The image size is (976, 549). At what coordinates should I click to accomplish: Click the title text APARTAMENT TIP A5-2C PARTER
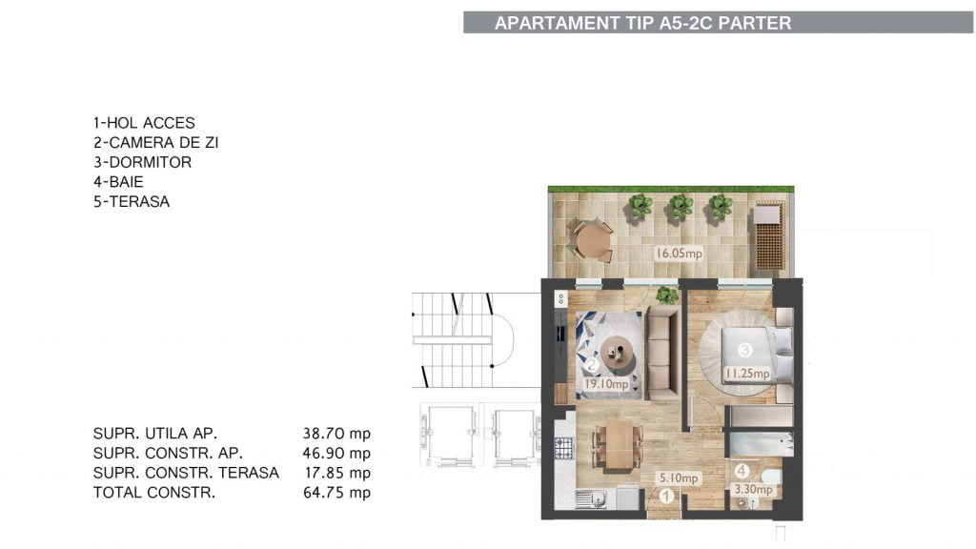pyautogui.click(x=642, y=23)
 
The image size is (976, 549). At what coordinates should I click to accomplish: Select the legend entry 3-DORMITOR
pyautogui.click(x=143, y=162)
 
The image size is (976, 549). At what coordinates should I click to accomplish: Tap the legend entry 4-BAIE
pyautogui.click(x=118, y=182)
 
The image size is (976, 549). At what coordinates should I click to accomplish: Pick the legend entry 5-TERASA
pyautogui.click(x=132, y=202)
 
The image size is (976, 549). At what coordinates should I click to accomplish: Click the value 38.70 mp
pyautogui.click(x=336, y=434)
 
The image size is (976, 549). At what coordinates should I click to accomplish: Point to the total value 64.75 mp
pyautogui.click(x=336, y=493)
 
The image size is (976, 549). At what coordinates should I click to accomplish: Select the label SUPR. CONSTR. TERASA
pyautogui.click(x=186, y=473)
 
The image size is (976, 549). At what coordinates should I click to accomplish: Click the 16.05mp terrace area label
pyautogui.click(x=679, y=254)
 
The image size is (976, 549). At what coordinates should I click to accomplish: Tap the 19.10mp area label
pyautogui.click(x=606, y=384)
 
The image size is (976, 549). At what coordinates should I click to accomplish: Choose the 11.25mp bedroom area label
pyautogui.click(x=747, y=374)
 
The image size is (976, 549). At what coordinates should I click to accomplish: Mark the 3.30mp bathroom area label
pyautogui.click(x=753, y=489)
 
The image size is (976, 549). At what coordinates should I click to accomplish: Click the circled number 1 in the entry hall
pyautogui.click(x=666, y=496)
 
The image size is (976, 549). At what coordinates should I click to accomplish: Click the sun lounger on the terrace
pyautogui.click(x=770, y=236)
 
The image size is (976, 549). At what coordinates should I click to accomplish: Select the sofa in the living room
pyautogui.click(x=662, y=353)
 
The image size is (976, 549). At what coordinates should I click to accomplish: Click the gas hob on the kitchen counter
pyautogui.click(x=564, y=448)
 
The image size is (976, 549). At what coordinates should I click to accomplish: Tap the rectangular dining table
pyautogui.click(x=620, y=446)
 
